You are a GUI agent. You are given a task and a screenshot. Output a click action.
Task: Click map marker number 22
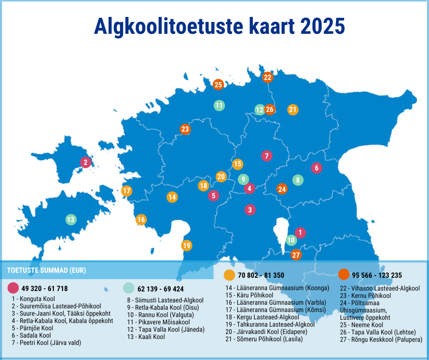pos(267,77)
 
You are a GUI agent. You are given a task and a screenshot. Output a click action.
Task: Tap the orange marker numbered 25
pos(218,85)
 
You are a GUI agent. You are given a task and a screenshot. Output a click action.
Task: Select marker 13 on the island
pos(71,220)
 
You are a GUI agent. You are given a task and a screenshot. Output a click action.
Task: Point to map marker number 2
pos(85,162)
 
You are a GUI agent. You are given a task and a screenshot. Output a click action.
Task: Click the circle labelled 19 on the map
pos(186,245)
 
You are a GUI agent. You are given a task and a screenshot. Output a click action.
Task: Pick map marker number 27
pos(296,255)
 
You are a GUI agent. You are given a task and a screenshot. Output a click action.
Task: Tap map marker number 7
pos(267,156)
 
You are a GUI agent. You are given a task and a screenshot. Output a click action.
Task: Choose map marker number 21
pos(293,110)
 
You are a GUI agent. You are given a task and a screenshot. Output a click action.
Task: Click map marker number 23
pos(185,129)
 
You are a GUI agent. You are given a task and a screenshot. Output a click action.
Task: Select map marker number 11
pos(219,106)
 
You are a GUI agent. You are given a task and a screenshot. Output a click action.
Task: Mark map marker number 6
pos(317,168)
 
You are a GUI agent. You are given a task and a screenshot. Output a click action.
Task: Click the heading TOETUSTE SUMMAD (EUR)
pos(47,270)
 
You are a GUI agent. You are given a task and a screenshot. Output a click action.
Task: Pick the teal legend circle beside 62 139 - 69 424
pos(129,288)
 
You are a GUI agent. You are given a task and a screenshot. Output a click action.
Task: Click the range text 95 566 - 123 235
pos(377,275)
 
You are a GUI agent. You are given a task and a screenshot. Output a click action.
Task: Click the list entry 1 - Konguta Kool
pos(33,299)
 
